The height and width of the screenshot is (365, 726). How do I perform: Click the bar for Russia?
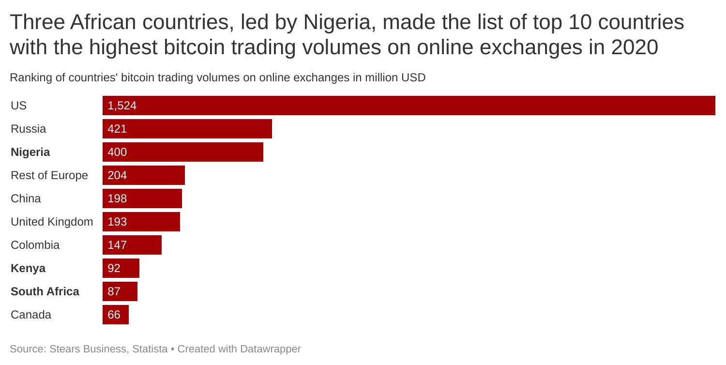(187, 129)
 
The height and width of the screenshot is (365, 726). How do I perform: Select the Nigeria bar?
(183, 152)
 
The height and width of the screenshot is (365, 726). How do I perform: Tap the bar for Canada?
(116, 315)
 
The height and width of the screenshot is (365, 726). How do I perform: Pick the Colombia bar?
(132, 245)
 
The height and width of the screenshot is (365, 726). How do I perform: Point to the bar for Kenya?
(121, 268)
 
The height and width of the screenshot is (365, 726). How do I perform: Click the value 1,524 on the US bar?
(122, 106)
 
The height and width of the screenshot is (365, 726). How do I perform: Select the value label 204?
(117, 175)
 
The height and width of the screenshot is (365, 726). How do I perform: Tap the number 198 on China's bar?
(117, 198)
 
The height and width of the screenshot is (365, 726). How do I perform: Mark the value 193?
(117, 222)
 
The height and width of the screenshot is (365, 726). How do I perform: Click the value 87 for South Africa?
(114, 291)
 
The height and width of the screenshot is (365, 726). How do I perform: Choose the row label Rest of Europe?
(49, 175)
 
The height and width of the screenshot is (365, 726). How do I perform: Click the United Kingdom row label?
(52, 222)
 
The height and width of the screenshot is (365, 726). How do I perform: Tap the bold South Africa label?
(45, 291)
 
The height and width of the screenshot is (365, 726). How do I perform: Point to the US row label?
(18, 106)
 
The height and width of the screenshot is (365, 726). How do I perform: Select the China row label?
(26, 198)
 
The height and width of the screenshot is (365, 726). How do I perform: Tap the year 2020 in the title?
(635, 47)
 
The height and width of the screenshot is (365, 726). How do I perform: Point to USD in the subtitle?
(414, 77)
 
